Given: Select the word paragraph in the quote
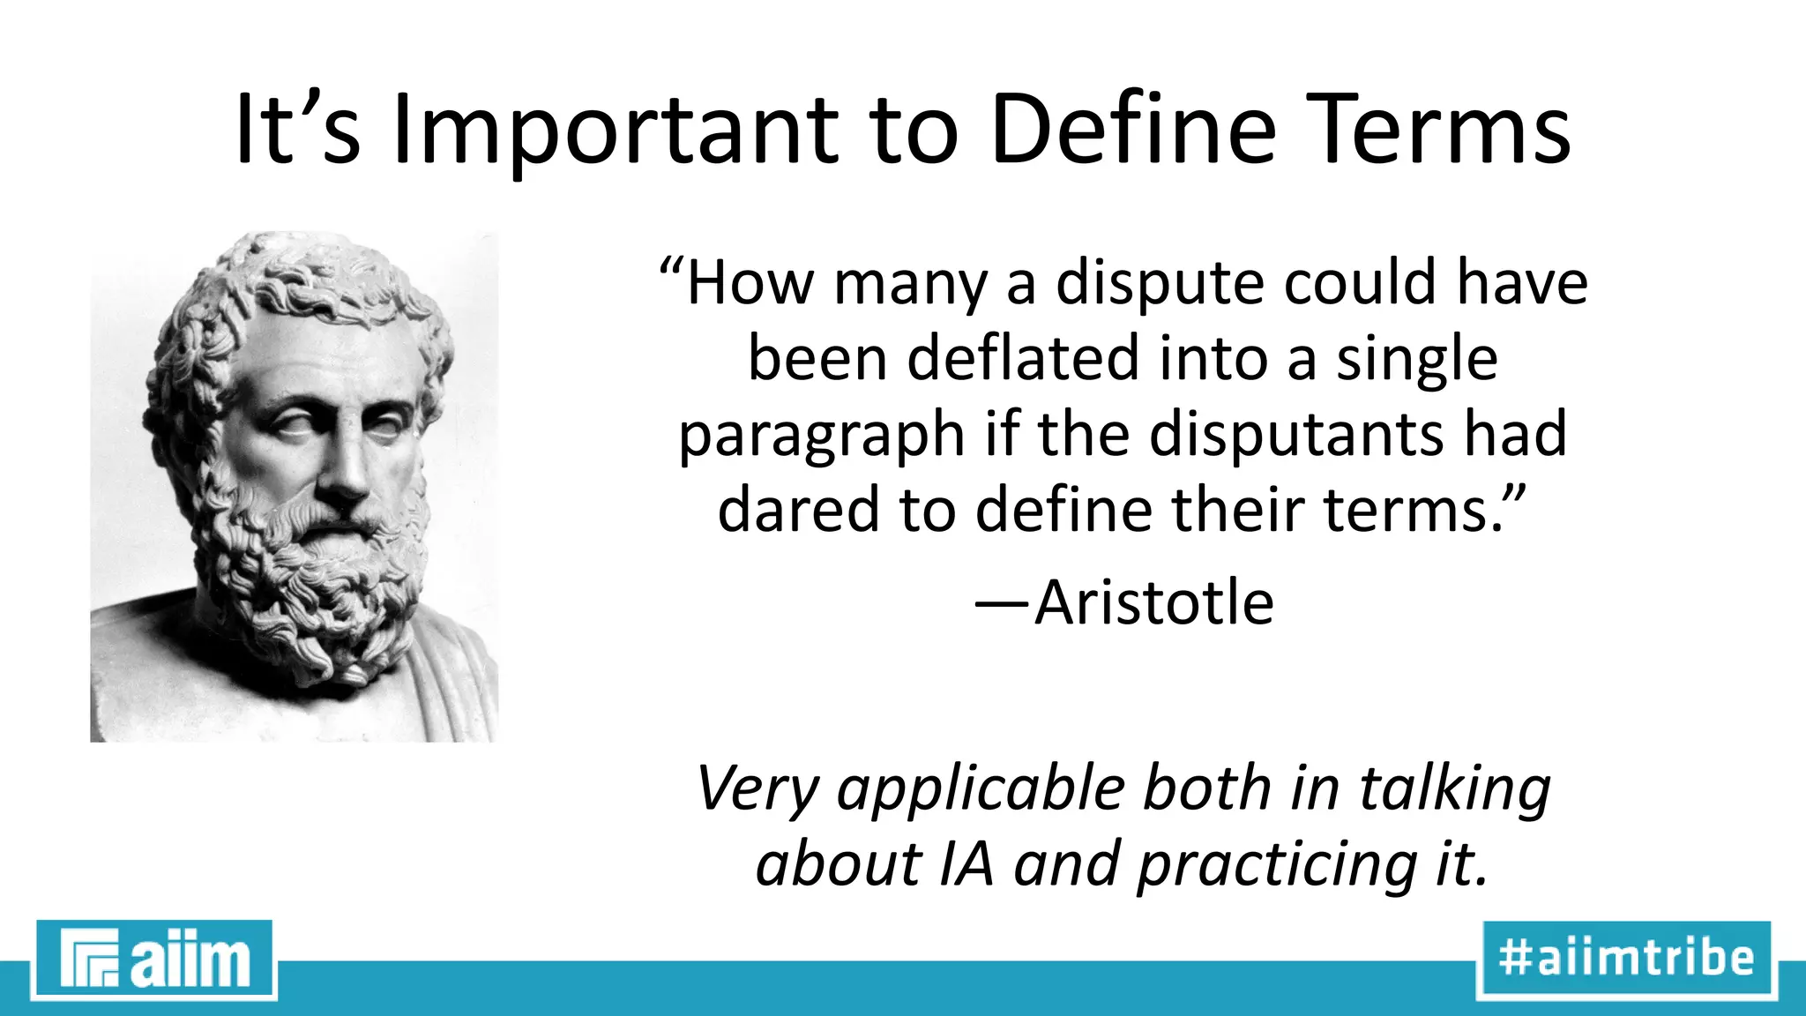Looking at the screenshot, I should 821,436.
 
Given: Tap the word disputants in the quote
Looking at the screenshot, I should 1296,434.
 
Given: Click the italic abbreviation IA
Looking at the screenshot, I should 966,864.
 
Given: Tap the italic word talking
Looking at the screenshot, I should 1454,789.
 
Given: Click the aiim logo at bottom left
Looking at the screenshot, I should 154,960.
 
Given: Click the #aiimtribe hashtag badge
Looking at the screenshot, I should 1626,959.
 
